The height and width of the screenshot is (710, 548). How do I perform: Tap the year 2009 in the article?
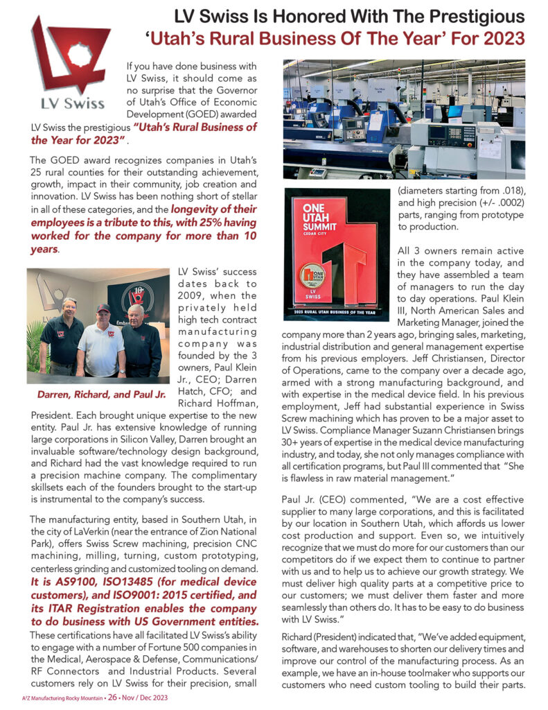[191, 297]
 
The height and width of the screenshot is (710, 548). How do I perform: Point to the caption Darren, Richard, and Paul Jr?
[102, 395]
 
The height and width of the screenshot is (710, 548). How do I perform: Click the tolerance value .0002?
[513, 202]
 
